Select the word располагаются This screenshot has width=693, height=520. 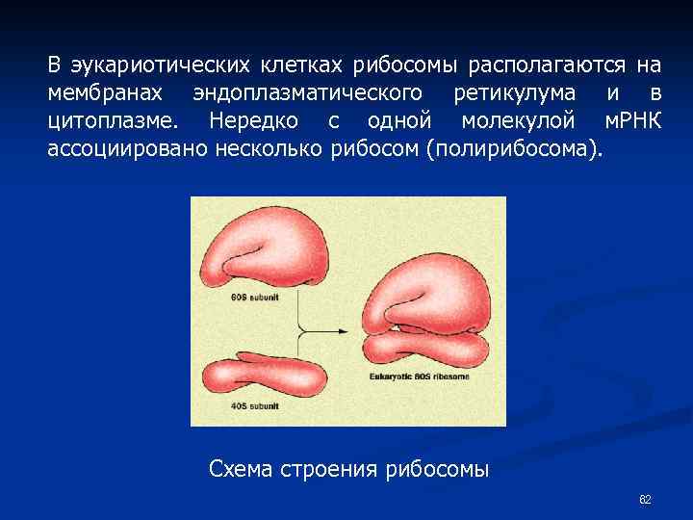point(547,65)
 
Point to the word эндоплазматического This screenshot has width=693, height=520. point(307,93)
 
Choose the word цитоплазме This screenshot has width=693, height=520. point(112,121)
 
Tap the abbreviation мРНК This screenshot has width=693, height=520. point(632,121)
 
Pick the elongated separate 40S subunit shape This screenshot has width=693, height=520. point(269,377)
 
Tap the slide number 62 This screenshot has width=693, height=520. point(645,500)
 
